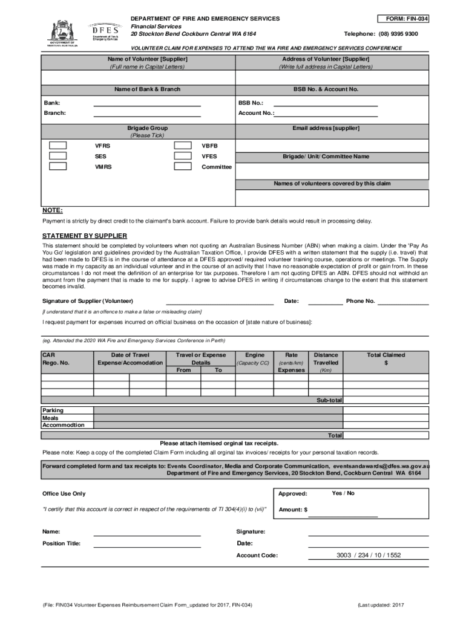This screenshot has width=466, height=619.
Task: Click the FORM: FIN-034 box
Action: [403, 19]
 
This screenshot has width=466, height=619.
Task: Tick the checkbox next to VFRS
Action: [58, 146]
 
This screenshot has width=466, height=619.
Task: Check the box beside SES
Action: [58, 156]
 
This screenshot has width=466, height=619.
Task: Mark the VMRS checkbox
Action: [58, 166]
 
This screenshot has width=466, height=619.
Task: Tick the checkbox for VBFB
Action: [183, 146]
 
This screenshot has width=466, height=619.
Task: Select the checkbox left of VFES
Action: [183, 156]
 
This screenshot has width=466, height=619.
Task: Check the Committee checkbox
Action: [183, 166]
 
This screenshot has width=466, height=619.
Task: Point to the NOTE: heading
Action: [52, 210]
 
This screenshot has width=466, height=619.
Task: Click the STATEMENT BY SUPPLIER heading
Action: [84, 236]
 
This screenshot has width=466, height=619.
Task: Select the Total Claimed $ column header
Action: [386, 358]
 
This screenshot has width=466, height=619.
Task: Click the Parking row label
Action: [53, 410]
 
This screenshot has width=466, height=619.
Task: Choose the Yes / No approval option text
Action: [343, 493]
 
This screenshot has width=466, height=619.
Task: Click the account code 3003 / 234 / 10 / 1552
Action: [369, 555]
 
